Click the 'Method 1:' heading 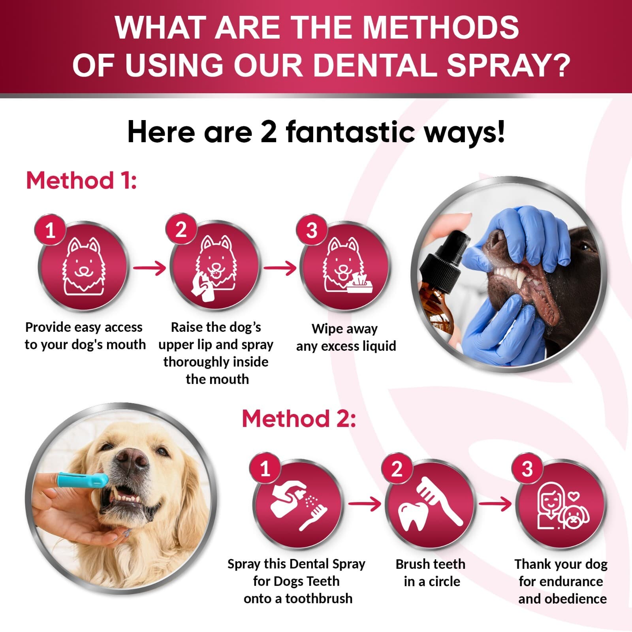coord(81,181)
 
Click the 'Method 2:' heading coord(299,419)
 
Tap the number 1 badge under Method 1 coord(50,230)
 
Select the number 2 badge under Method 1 coord(181,230)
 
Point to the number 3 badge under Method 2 coord(527,469)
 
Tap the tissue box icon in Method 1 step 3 coord(359,284)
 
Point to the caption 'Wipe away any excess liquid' coord(346,337)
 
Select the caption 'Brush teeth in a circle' coord(431,573)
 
